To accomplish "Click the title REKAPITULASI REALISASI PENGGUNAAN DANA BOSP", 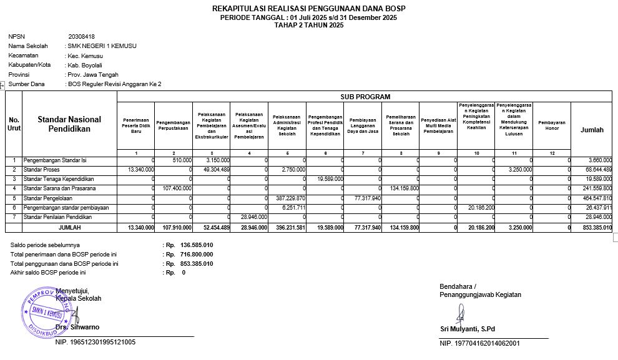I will point(309,8).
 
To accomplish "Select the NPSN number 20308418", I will point(81,37).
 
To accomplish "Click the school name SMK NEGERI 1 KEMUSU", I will point(102,46).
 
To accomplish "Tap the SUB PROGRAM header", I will point(365,97).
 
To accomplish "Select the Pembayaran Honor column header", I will point(551,125).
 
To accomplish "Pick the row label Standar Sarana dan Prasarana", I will point(59,188).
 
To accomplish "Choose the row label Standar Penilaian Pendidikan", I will point(57,217).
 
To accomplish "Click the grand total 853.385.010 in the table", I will point(595,228).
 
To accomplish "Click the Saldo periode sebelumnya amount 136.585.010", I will point(196,245).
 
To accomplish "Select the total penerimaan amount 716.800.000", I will point(196,255).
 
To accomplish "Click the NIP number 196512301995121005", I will point(96,342).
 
